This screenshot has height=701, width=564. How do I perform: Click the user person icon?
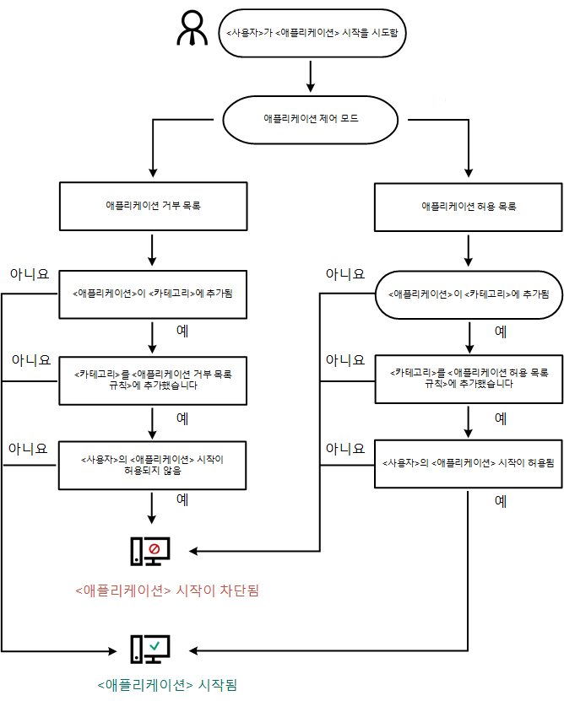192,30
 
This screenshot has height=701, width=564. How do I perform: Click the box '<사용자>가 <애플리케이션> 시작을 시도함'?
310,34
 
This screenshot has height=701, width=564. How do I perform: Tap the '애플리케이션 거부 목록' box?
153,205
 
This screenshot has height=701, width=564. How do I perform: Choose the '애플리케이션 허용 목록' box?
468,205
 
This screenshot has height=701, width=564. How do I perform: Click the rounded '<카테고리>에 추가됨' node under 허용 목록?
468,294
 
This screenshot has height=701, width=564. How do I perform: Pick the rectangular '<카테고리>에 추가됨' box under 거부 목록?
153,294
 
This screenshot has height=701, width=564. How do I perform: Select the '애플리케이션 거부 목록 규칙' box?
153,379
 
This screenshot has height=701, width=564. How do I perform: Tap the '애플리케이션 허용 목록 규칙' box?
468,379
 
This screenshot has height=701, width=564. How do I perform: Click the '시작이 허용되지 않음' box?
153,465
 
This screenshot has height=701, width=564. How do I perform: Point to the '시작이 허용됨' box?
468,463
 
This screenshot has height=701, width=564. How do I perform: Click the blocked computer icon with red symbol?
150,551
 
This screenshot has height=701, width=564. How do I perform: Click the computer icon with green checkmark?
150,649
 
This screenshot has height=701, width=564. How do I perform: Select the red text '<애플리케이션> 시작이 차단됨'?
166,590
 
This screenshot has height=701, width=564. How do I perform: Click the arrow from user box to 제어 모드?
311,76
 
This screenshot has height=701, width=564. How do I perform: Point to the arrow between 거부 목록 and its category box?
153,251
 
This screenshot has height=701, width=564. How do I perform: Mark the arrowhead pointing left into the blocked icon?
193,552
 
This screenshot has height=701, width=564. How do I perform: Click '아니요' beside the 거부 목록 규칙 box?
30,361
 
